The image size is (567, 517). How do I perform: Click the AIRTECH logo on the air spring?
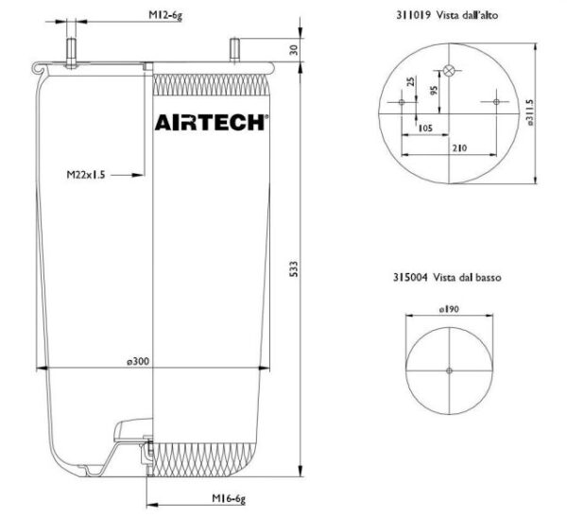click(212, 122)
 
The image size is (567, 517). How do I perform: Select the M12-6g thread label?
click(165, 15)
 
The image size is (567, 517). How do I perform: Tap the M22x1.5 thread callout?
click(86, 175)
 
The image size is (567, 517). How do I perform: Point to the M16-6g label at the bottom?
click(229, 498)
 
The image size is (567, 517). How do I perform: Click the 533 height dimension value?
click(295, 268)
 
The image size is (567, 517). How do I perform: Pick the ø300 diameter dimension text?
click(138, 361)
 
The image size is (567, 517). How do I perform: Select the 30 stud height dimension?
click(294, 50)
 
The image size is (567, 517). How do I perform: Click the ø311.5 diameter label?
click(530, 112)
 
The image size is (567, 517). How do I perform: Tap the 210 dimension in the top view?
click(459, 147)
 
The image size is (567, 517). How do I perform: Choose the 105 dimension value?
click(425, 129)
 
